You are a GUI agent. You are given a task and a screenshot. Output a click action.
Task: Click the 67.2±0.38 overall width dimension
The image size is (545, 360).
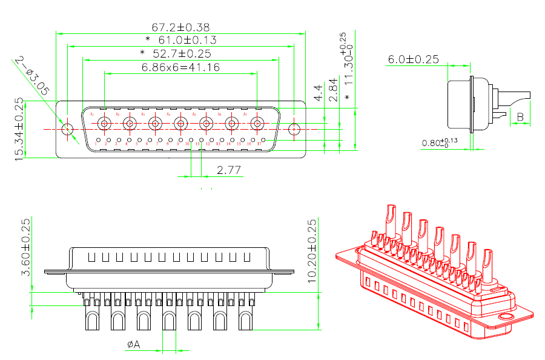point(180,27)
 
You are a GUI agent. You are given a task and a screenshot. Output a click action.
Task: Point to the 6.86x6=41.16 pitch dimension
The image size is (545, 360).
point(180,67)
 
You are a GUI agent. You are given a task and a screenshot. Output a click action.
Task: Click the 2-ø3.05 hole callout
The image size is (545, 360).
point(33,75)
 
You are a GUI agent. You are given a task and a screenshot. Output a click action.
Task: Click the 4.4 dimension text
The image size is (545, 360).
point(318,93)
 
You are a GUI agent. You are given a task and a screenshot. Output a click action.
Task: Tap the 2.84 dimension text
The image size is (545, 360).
point(332,90)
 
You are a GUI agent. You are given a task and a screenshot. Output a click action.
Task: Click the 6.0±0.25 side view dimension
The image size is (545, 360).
point(413,59)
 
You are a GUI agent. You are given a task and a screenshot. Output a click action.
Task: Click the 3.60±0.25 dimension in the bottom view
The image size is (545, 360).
point(26,247)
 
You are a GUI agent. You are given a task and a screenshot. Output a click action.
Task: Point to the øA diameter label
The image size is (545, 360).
point(133,344)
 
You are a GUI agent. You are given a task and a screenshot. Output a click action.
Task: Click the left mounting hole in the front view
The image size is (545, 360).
point(68,129)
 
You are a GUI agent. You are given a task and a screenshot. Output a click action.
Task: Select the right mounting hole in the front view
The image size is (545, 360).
point(294,129)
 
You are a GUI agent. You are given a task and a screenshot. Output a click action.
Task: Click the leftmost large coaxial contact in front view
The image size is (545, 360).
point(104,124)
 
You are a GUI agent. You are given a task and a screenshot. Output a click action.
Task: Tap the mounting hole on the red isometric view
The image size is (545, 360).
point(504,318)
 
